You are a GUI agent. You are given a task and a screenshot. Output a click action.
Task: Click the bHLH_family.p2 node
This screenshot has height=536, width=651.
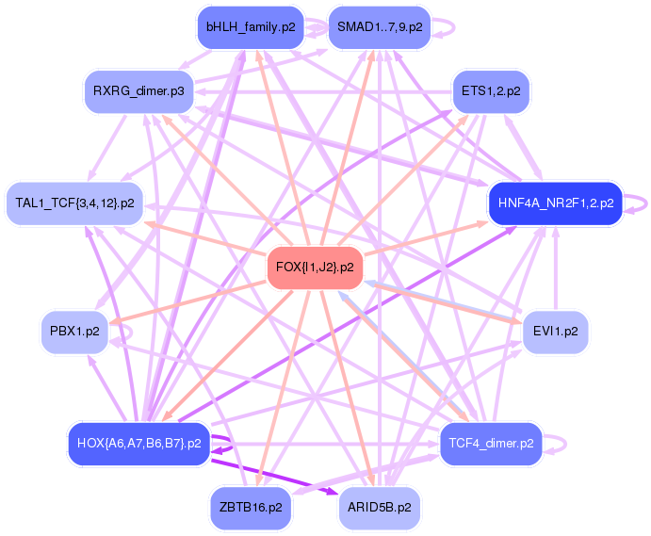coord(251,27)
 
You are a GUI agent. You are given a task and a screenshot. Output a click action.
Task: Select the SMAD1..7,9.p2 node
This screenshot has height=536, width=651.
coord(379,27)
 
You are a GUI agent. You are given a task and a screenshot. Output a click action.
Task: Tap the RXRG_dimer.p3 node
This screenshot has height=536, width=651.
coord(138,91)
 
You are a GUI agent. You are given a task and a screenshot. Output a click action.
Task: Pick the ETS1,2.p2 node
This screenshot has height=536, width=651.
coord(491,91)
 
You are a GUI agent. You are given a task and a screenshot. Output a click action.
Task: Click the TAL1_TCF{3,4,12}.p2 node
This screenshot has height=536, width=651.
coord(74,203)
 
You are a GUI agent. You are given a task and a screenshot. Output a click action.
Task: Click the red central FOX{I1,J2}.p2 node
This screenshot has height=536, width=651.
coord(315,267)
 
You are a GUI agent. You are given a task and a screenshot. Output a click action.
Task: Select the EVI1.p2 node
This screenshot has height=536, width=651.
coord(555,331)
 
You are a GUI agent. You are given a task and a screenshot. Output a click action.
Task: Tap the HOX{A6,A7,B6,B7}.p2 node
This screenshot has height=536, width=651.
coord(138,443)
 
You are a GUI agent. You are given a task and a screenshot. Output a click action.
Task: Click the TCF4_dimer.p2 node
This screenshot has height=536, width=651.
coord(491,443)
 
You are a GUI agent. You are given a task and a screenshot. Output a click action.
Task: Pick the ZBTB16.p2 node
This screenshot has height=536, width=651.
coord(251,507)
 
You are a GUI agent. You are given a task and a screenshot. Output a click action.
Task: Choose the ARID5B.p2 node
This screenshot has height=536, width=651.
coord(379,507)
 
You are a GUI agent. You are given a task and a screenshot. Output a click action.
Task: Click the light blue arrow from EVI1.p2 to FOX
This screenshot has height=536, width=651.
coord(443,305)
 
